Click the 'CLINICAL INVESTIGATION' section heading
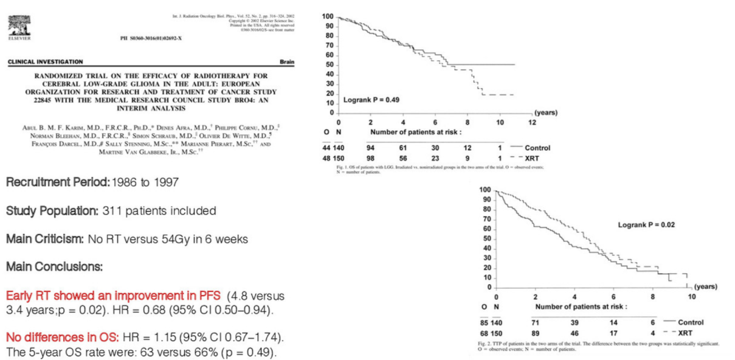click(x=46, y=62)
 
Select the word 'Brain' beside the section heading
click(x=286, y=62)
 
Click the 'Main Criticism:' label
click(x=44, y=239)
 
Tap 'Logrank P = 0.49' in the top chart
click(x=371, y=99)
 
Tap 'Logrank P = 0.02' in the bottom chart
click(x=646, y=224)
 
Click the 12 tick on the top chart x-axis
click(x=532, y=123)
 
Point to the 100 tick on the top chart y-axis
click(x=328, y=16)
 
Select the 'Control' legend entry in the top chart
click(x=537, y=148)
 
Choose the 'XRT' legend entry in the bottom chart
click(x=685, y=333)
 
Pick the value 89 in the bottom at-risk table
click(x=536, y=333)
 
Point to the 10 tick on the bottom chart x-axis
click(x=691, y=297)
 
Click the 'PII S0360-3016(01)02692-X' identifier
click(x=151, y=38)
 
